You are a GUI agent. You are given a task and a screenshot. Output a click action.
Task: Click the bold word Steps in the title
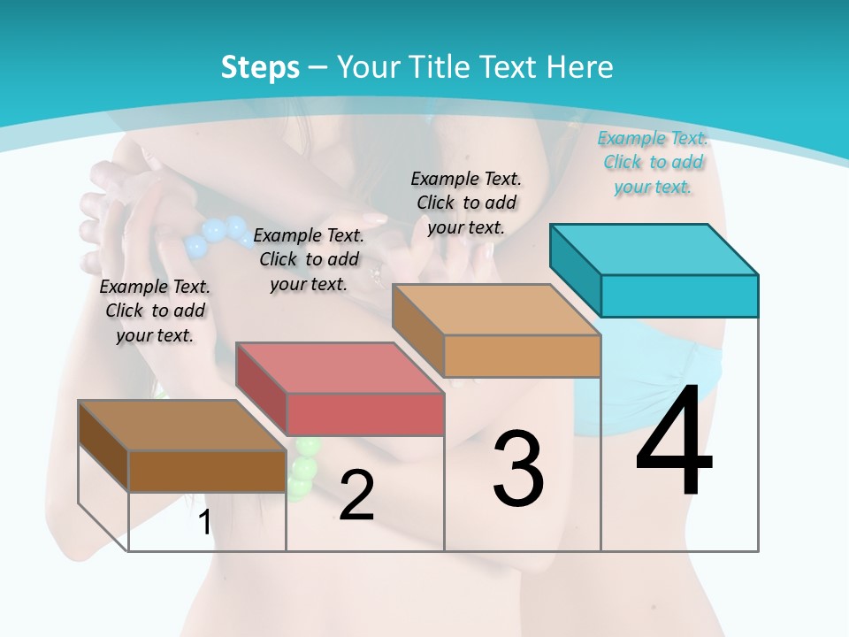(x=260, y=67)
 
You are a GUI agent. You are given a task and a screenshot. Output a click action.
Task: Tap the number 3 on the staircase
(x=518, y=469)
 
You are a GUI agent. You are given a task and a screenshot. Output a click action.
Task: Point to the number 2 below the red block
(x=356, y=495)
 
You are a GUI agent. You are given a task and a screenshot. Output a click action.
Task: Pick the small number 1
(x=204, y=522)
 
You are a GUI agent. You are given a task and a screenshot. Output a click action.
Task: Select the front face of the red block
(x=365, y=415)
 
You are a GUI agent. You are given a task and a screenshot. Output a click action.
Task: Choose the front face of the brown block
(x=207, y=471)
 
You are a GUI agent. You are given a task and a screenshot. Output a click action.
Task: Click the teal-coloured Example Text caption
(x=654, y=162)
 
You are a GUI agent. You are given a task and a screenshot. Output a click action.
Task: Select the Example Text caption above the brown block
(x=156, y=311)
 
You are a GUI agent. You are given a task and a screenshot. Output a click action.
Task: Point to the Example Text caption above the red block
(x=309, y=259)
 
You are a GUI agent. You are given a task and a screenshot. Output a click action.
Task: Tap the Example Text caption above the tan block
(x=466, y=203)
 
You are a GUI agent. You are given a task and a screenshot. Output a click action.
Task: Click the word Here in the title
(x=579, y=67)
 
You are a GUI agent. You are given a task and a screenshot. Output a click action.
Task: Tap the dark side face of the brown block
(x=103, y=444)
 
